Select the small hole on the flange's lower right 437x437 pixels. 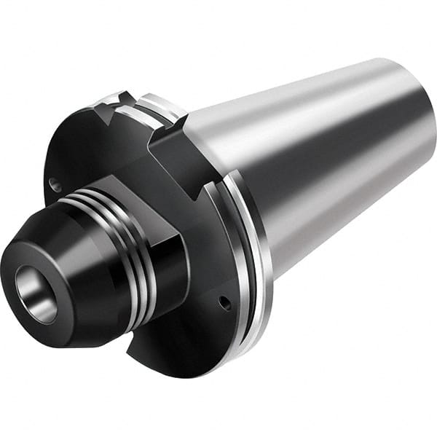coord(225,302)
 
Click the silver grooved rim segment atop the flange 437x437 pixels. coord(157,106)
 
